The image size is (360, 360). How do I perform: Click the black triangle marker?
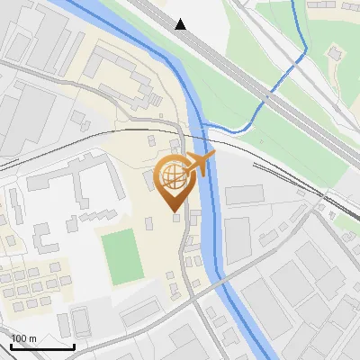pos(181,24)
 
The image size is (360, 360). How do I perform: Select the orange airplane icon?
pos(200,164)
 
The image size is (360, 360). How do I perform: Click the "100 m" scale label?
pos(24,337)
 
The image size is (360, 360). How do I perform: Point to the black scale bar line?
pos(42,346)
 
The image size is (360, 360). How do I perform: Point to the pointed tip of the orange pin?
pos(173,211)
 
